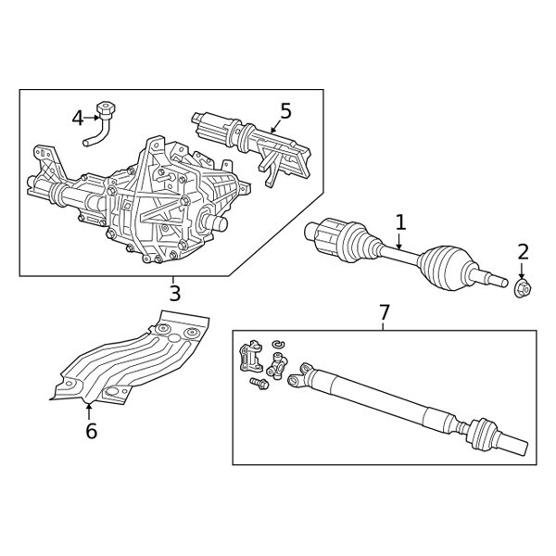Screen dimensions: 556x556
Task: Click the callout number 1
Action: (x=400, y=222)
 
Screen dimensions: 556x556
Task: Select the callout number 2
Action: (x=524, y=251)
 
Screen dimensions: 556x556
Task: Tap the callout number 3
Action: (x=174, y=295)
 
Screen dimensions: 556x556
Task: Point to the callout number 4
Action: (x=78, y=118)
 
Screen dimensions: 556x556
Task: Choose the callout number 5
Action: (x=285, y=111)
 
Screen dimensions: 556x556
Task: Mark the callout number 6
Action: (x=90, y=431)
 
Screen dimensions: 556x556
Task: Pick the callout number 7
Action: (x=385, y=312)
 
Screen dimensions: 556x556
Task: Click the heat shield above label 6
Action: (x=134, y=361)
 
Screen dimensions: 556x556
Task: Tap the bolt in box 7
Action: (x=257, y=382)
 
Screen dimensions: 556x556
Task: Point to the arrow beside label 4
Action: (x=93, y=118)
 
